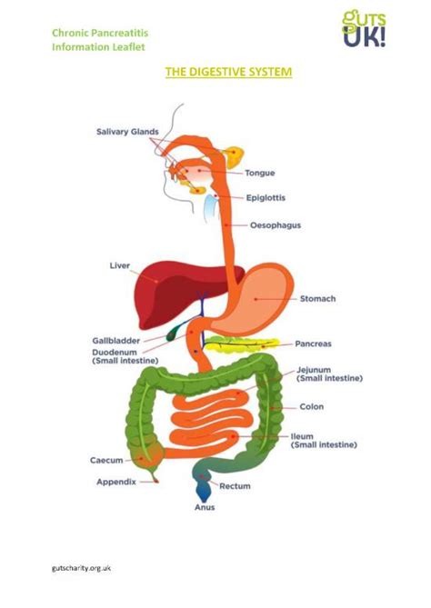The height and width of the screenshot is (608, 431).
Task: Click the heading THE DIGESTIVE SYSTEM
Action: [x=228, y=71]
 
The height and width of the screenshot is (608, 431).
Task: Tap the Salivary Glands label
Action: [x=127, y=132]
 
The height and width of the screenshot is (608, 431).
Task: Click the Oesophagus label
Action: [x=276, y=224]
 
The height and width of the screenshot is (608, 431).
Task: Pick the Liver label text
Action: [x=120, y=266]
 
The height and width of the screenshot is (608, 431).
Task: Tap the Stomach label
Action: [x=316, y=298]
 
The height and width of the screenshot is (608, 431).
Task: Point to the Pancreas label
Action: [x=312, y=344]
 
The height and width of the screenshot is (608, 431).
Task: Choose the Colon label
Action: [x=311, y=406]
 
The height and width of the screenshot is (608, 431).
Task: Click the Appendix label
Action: [x=115, y=482]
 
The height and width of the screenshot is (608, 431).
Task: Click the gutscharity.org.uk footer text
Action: [x=80, y=567]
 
